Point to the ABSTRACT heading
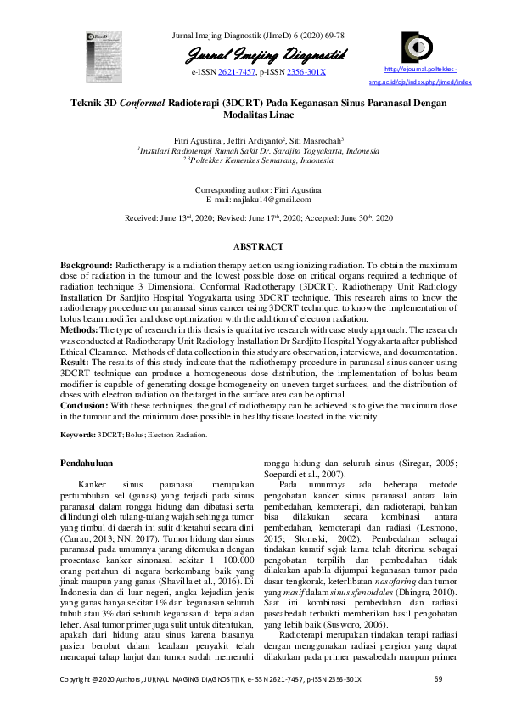point(258,246)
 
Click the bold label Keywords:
point(77,435)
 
